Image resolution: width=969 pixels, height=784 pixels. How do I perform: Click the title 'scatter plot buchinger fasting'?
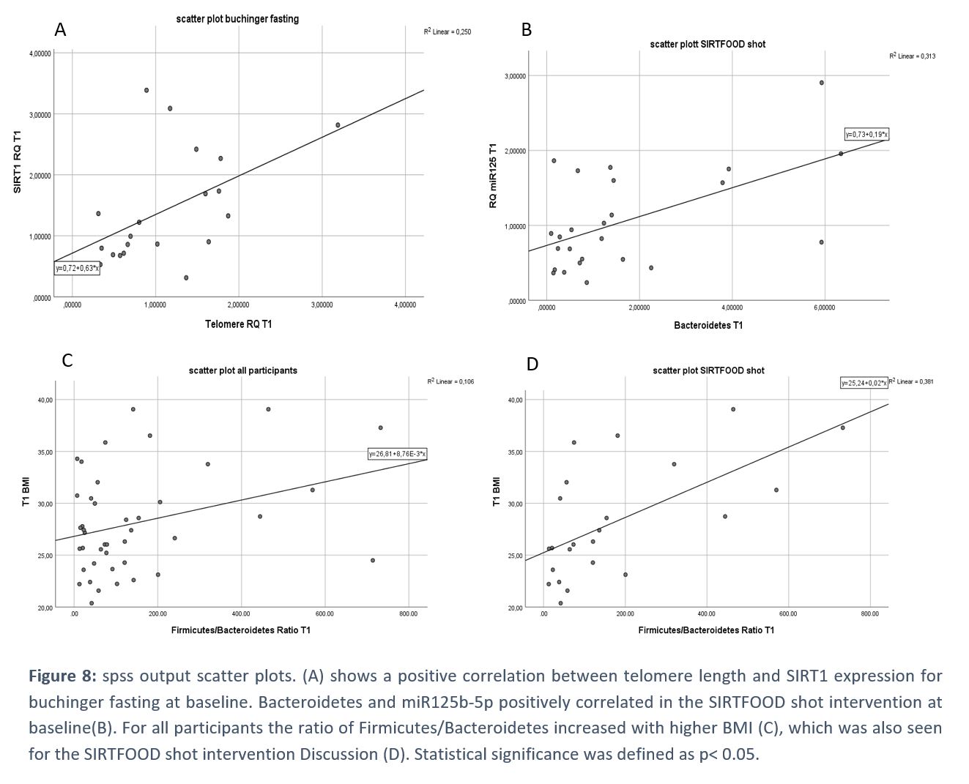tap(237, 19)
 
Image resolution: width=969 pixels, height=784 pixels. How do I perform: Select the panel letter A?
tap(60, 29)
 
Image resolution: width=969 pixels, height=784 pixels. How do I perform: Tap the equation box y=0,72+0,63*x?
tap(77, 269)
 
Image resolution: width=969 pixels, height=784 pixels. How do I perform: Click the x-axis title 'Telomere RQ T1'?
tap(238, 324)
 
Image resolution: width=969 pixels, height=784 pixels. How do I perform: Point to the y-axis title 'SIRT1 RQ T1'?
tap(18, 162)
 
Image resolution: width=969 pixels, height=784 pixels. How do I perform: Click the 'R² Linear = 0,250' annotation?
tap(447, 32)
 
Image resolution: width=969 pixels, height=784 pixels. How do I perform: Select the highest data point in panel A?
tap(146, 90)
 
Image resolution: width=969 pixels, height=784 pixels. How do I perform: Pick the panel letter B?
tap(526, 29)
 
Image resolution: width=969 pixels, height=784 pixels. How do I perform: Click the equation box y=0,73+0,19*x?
tap(866, 135)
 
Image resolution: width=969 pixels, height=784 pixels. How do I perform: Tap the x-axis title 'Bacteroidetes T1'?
tap(708, 325)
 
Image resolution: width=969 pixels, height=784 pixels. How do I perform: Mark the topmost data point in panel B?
tap(822, 83)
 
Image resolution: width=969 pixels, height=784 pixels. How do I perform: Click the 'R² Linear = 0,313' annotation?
tap(912, 56)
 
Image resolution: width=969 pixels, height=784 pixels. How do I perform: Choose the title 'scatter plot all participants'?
tap(243, 370)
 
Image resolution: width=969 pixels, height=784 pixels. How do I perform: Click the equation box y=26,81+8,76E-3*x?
tap(397, 455)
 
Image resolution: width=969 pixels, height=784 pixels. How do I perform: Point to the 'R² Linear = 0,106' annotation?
tap(450, 381)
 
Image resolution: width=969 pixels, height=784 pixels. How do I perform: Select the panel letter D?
tap(532, 364)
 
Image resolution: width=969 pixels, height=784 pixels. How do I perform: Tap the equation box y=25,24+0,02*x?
tap(864, 383)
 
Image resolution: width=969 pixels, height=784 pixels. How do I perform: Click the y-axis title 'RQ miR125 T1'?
tap(494, 176)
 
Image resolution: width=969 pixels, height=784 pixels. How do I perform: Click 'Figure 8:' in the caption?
tap(62, 676)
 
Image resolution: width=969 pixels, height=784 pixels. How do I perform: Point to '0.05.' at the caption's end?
tap(740, 754)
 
